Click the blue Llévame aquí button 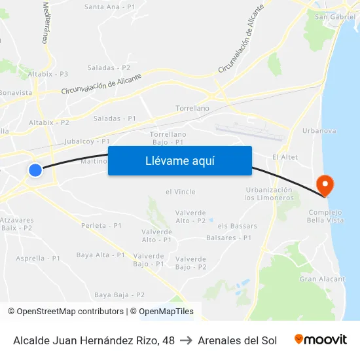tap(179, 161)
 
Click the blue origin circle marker tap(35, 170)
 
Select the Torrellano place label tap(192, 108)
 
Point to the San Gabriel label tap(334, 16)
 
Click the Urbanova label tap(319, 131)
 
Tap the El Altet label tap(285, 157)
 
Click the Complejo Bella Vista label tap(325, 217)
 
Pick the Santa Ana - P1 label tap(110, 7)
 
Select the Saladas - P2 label tap(109, 67)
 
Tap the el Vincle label tap(181, 192)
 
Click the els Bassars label tap(238, 226)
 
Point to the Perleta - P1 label tap(101, 225)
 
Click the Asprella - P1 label tap(38, 258)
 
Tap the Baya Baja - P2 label tap(120, 295)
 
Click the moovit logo tap(321, 340)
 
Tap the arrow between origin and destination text tap(186, 340)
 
